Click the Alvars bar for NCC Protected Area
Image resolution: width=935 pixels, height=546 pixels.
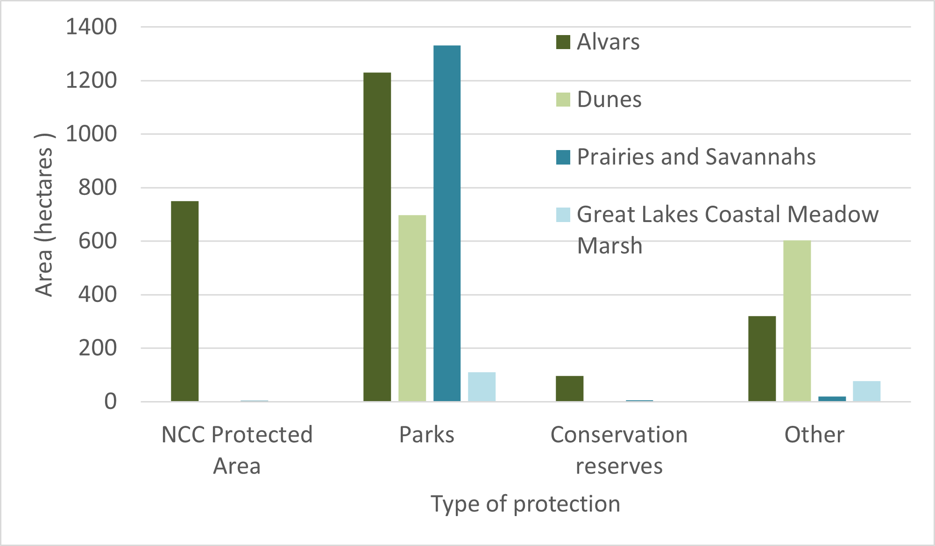(x=185, y=301)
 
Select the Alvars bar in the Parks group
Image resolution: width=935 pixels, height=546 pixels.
(x=377, y=237)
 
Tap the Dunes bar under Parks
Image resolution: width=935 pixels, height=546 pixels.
(x=412, y=308)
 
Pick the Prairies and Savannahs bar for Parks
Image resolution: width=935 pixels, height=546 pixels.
(x=447, y=223)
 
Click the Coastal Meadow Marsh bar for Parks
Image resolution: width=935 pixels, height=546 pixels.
(x=482, y=387)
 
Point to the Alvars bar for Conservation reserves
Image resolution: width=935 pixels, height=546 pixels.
(x=570, y=388)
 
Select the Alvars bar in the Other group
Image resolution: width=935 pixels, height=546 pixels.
(x=762, y=359)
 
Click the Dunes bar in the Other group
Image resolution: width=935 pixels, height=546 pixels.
(x=797, y=321)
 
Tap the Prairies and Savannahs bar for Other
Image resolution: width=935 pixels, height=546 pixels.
(x=832, y=399)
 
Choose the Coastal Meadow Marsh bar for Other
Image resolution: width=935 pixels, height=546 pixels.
(x=867, y=391)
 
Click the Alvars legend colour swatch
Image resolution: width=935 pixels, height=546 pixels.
(x=563, y=42)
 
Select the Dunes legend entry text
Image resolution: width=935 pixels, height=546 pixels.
(x=609, y=100)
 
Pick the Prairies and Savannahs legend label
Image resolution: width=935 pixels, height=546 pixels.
(x=696, y=157)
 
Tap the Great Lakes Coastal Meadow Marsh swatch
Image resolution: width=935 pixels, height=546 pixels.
(x=563, y=215)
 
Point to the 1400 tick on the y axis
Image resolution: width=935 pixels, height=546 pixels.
(x=91, y=27)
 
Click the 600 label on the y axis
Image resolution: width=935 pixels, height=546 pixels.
(x=98, y=241)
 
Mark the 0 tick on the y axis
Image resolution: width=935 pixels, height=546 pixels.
(x=111, y=402)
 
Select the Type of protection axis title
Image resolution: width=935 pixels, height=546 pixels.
(x=525, y=504)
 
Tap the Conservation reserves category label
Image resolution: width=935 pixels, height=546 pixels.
(x=619, y=450)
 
